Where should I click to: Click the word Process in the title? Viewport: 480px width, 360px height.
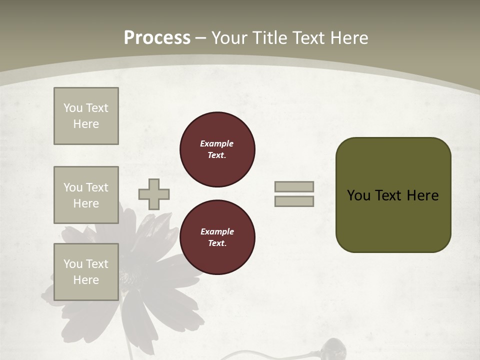coord(157,38)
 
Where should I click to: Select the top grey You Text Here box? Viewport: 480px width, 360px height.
coord(86,116)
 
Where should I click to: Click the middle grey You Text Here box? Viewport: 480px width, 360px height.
coord(86,195)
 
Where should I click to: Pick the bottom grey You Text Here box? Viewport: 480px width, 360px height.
coord(86,272)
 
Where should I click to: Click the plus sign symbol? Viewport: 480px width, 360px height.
coord(154,194)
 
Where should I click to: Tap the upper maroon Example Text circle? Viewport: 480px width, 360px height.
coord(217,149)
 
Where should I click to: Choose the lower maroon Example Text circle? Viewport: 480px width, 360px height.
coord(217,237)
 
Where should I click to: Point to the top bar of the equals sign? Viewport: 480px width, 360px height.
coord(294,187)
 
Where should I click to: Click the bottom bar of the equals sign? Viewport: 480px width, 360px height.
coord(294,201)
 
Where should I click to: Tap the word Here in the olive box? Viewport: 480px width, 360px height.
coord(422,195)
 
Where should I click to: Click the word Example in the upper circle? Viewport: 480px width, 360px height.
coord(217,144)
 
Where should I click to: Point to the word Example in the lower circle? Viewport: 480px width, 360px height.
coord(217,232)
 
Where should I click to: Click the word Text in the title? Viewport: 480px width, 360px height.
coord(309,38)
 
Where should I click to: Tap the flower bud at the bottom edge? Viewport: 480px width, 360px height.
coord(330,347)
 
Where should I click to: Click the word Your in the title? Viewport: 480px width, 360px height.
coord(230,38)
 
